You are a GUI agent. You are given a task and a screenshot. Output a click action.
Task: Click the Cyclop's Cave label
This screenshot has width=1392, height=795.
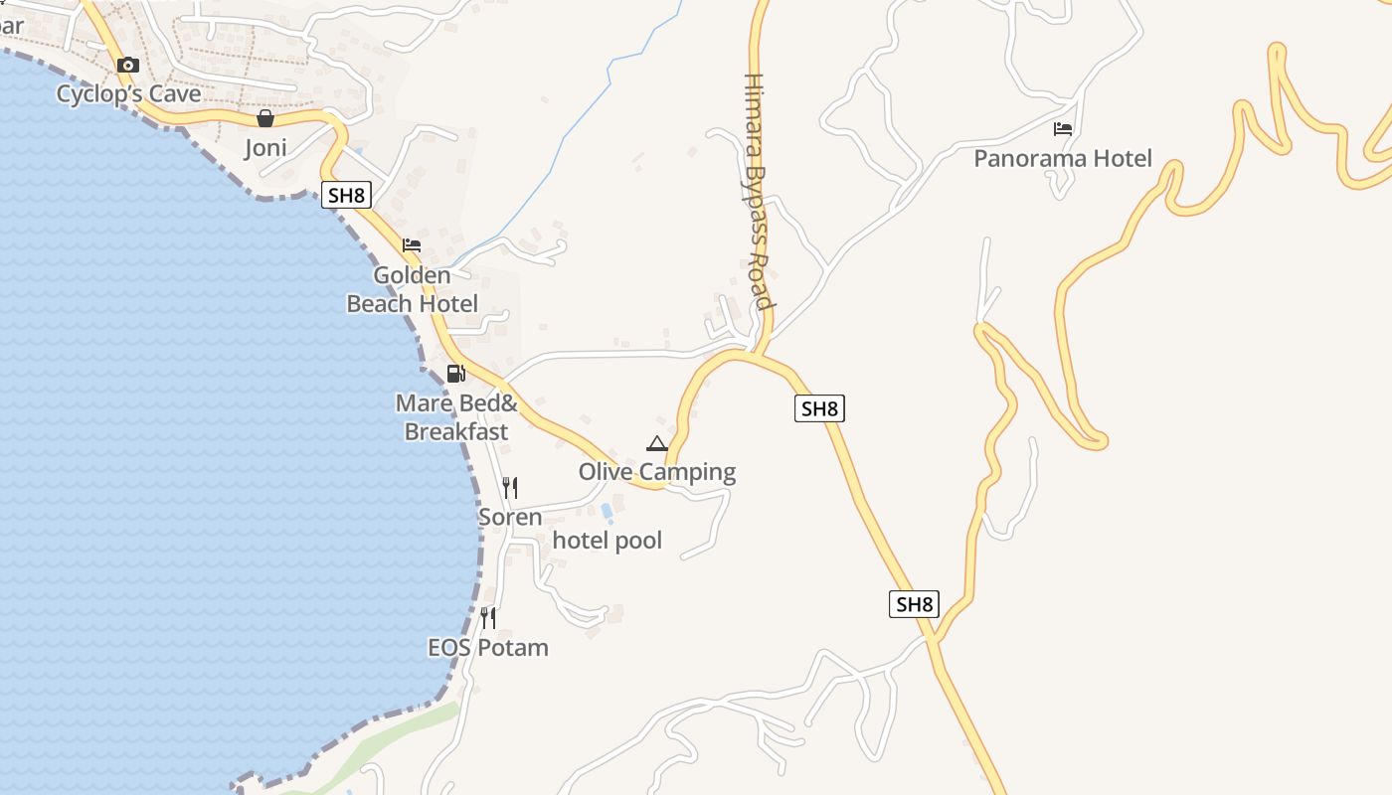tap(128, 94)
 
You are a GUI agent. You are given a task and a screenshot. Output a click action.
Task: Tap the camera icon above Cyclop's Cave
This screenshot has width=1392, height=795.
tap(127, 66)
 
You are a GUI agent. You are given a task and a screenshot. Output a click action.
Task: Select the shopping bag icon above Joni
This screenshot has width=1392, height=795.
tap(265, 119)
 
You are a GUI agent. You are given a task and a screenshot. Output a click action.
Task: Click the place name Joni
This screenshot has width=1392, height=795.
tap(265, 148)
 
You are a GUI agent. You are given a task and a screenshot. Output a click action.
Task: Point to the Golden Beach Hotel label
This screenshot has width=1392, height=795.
tap(412, 289)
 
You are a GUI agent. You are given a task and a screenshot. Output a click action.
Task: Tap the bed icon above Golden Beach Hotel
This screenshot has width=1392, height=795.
tap(412, 245)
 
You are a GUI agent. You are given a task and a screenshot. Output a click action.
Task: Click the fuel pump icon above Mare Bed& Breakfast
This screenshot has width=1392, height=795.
tap(456, 374)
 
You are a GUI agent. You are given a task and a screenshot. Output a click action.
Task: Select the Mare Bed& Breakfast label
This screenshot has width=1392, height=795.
tap(456, 417)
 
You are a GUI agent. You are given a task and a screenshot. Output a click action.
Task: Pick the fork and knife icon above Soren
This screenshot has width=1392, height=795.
tap(510, 487)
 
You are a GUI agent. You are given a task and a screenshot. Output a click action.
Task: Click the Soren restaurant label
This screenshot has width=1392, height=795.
tap(510, 517)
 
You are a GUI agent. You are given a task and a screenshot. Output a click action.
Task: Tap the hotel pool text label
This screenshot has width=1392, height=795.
tap(607, 541)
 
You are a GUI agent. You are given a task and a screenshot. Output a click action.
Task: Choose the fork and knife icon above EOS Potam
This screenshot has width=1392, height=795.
tap(488, 618)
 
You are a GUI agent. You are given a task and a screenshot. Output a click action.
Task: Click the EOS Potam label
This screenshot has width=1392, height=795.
tap(488, 648)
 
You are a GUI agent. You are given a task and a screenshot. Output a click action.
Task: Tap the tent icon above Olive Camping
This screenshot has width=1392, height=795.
tap(657, 443)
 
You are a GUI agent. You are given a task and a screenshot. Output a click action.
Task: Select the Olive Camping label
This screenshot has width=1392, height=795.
tap(657, 472)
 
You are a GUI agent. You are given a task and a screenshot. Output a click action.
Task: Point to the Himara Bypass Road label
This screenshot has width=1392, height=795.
tap(759, 191)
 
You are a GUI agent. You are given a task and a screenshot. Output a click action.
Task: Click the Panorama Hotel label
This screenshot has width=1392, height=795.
tap(1063, 158)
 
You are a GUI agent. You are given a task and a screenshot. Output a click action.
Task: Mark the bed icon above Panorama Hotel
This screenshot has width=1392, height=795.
tap(1063, 128)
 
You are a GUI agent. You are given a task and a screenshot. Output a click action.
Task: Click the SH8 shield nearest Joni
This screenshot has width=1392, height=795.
tap(346, 195)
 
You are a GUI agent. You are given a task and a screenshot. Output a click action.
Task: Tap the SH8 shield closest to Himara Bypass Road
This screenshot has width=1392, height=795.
tap(820, 407)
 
